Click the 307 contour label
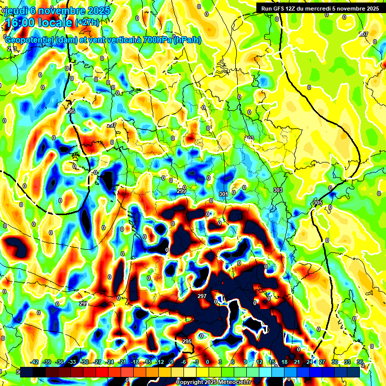(x=364, y=34)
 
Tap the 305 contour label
(x=317, y=202)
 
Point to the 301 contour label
(x=224, y=194)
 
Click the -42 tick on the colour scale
(x=35, y=362)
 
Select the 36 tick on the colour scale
(x=360, y=362)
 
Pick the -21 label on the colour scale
(x=122, y=362)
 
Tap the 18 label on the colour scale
(x=284, y=362)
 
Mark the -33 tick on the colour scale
(x=72, y=362)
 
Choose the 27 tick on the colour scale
(x=322, y=362)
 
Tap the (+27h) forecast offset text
(x=87, y=23)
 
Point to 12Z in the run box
(x=295, y=8)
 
